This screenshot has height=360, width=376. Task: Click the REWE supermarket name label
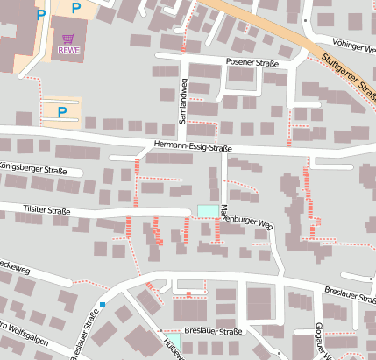point(68,50)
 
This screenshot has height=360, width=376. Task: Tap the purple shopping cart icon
point(68,39)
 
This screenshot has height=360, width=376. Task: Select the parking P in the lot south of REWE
point(61,111)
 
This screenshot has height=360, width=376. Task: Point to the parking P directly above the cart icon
point(75,9)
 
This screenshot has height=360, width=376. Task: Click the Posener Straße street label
point(252,62)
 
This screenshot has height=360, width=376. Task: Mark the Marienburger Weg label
point(248,217)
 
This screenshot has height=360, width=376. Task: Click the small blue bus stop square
point(103,305)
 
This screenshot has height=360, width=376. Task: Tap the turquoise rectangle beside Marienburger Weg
point(208,210)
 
